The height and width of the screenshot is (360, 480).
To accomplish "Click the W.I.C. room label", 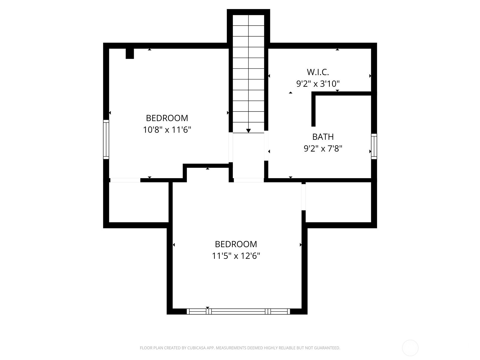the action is coord(318,72).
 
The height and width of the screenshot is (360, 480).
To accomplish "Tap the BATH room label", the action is coord(323,137).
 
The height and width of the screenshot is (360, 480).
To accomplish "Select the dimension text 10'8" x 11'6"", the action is coord(167,130).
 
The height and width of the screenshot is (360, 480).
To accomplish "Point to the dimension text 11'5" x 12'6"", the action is coord(236,256).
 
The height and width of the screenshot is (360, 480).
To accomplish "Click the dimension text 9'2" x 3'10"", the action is coord(318,83).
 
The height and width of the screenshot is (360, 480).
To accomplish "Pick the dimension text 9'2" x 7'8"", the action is coord(323,148).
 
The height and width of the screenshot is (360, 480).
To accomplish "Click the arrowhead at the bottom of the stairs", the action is coord(248,131).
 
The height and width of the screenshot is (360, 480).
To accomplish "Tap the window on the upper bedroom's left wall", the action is coord(106,139).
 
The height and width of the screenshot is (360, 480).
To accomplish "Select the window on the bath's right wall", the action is coord(374,146).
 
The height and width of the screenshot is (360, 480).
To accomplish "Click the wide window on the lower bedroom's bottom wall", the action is coord(238,311).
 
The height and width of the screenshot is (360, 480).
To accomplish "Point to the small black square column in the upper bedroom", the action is coord(130,54).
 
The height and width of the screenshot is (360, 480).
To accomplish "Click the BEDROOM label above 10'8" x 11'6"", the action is coord(167,118).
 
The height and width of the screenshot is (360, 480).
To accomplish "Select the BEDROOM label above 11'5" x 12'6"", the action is coord(236,244).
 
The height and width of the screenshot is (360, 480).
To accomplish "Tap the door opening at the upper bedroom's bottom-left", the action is coord(125,180).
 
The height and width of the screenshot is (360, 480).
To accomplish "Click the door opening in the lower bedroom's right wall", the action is coord(304,197).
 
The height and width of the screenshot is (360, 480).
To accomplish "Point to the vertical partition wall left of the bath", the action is coord(313,109).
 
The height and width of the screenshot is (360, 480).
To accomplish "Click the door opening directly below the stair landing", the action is coord(249,180).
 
